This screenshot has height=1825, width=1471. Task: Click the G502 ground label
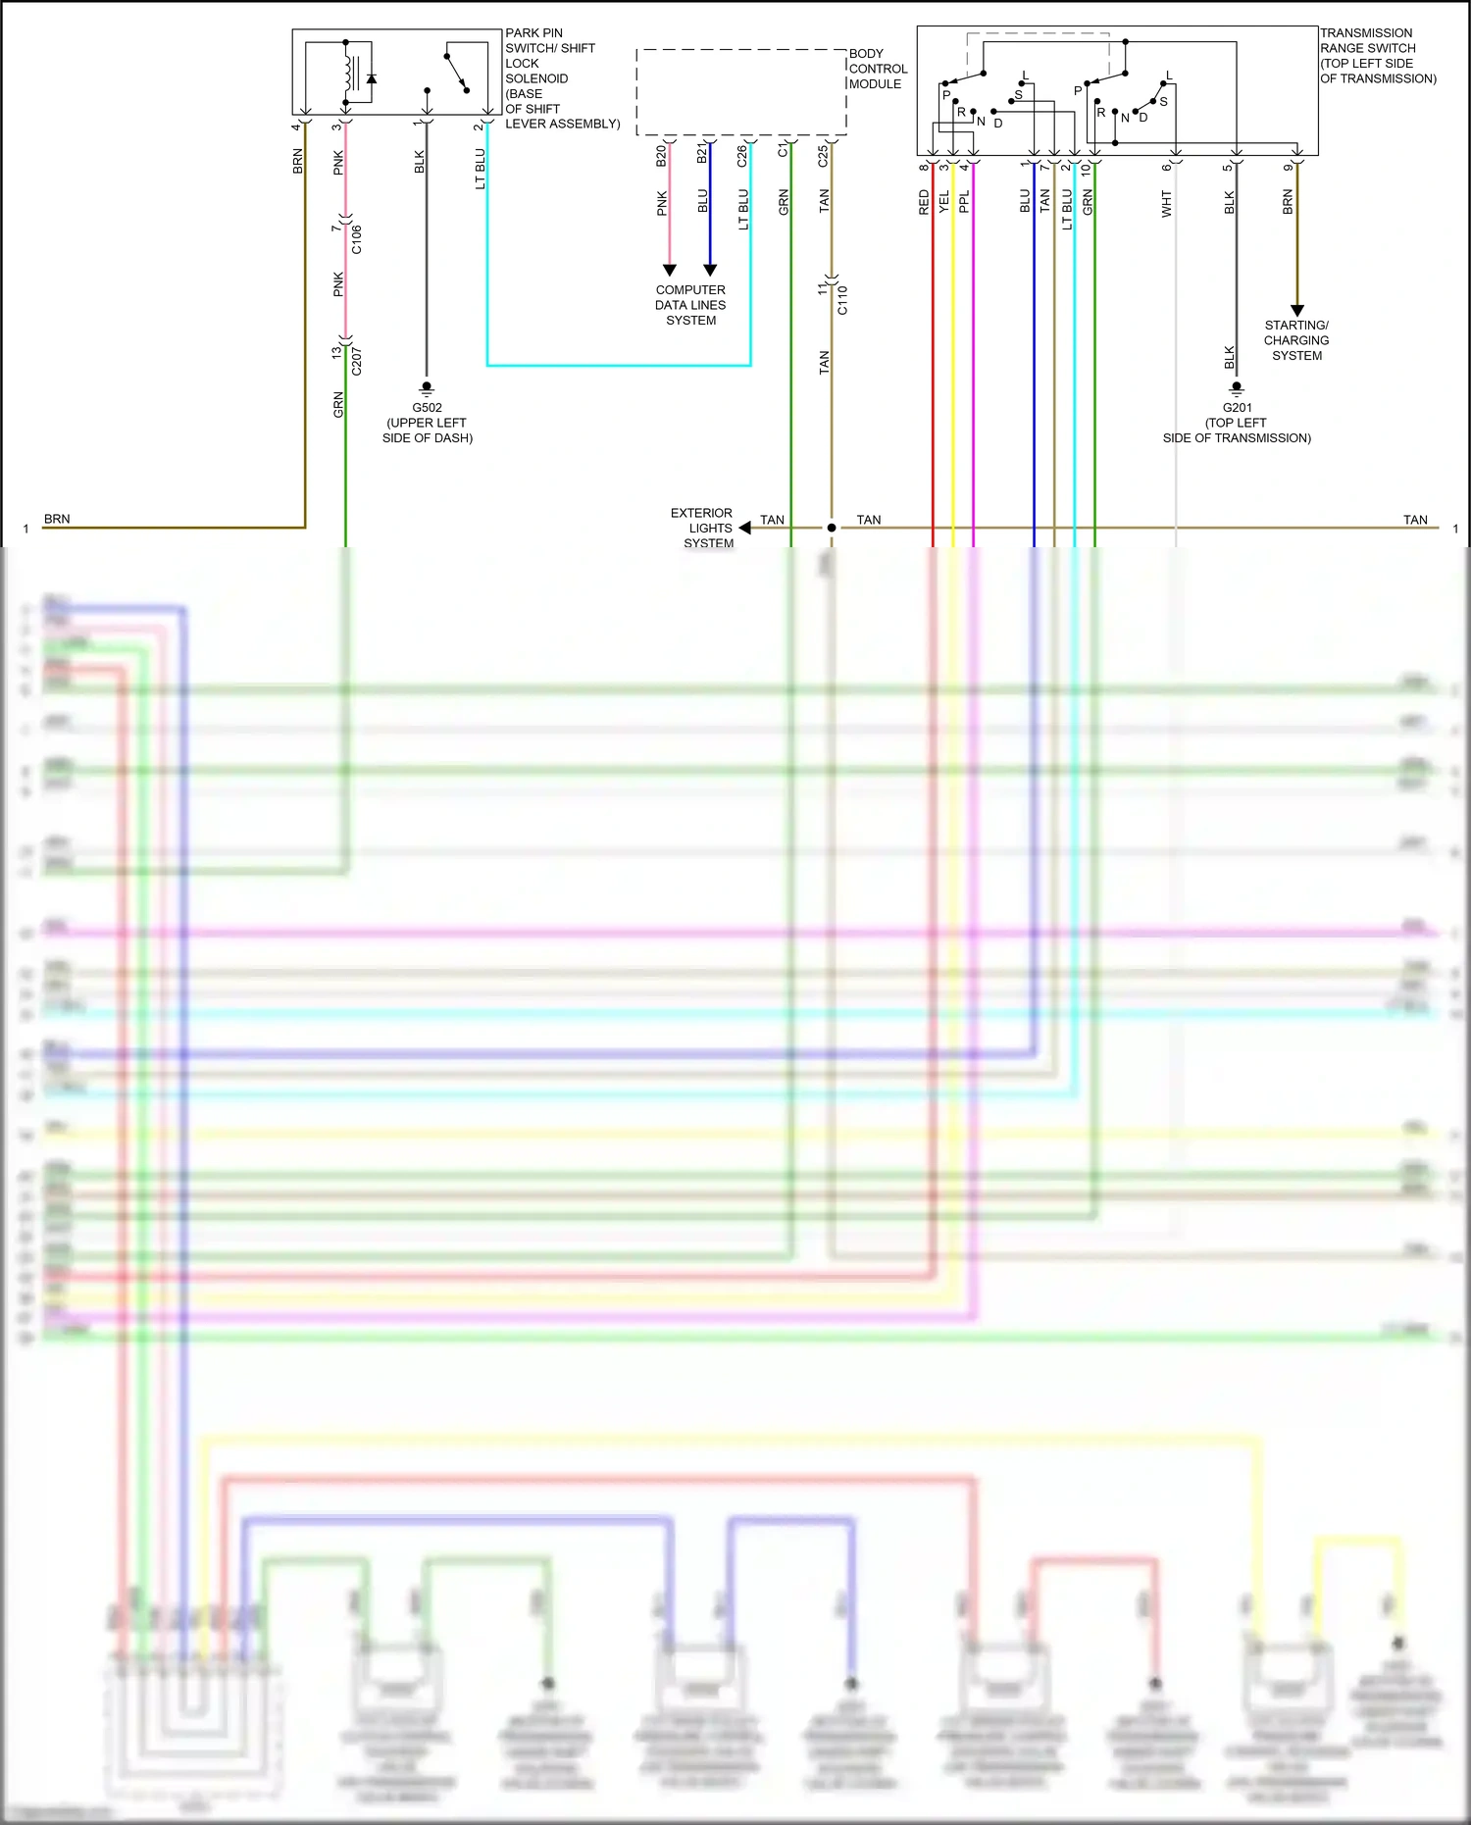coord(427,408)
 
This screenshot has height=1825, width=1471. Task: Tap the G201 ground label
coord(1237,408)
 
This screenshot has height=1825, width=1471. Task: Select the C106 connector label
coord(357,239)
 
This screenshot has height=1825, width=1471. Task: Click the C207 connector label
coord(357,361)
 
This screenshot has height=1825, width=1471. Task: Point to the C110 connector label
coord(842,300)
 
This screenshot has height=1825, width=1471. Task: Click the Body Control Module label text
coord(877,69)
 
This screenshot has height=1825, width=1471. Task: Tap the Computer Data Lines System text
coord(690,305)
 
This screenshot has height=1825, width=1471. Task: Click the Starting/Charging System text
coord(1296,340)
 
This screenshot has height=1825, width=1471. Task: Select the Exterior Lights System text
coord(702,528)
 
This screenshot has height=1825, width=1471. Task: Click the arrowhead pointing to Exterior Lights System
coord(745,528)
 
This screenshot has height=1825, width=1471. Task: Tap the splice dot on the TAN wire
coord(832,528)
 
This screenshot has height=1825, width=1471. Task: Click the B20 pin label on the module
coord(662,155)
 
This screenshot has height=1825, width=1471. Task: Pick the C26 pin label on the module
coord(742,155)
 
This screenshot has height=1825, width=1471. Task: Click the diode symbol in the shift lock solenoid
coord(371,78)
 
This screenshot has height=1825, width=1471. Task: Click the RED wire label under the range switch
coord(924,203)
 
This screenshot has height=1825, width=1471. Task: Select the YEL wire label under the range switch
coord(944,203)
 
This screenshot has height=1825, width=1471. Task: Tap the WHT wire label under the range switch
coord(1167,204)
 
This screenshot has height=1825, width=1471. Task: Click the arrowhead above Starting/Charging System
coord(1296,310)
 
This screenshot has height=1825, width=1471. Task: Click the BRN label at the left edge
coord(57,519)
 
